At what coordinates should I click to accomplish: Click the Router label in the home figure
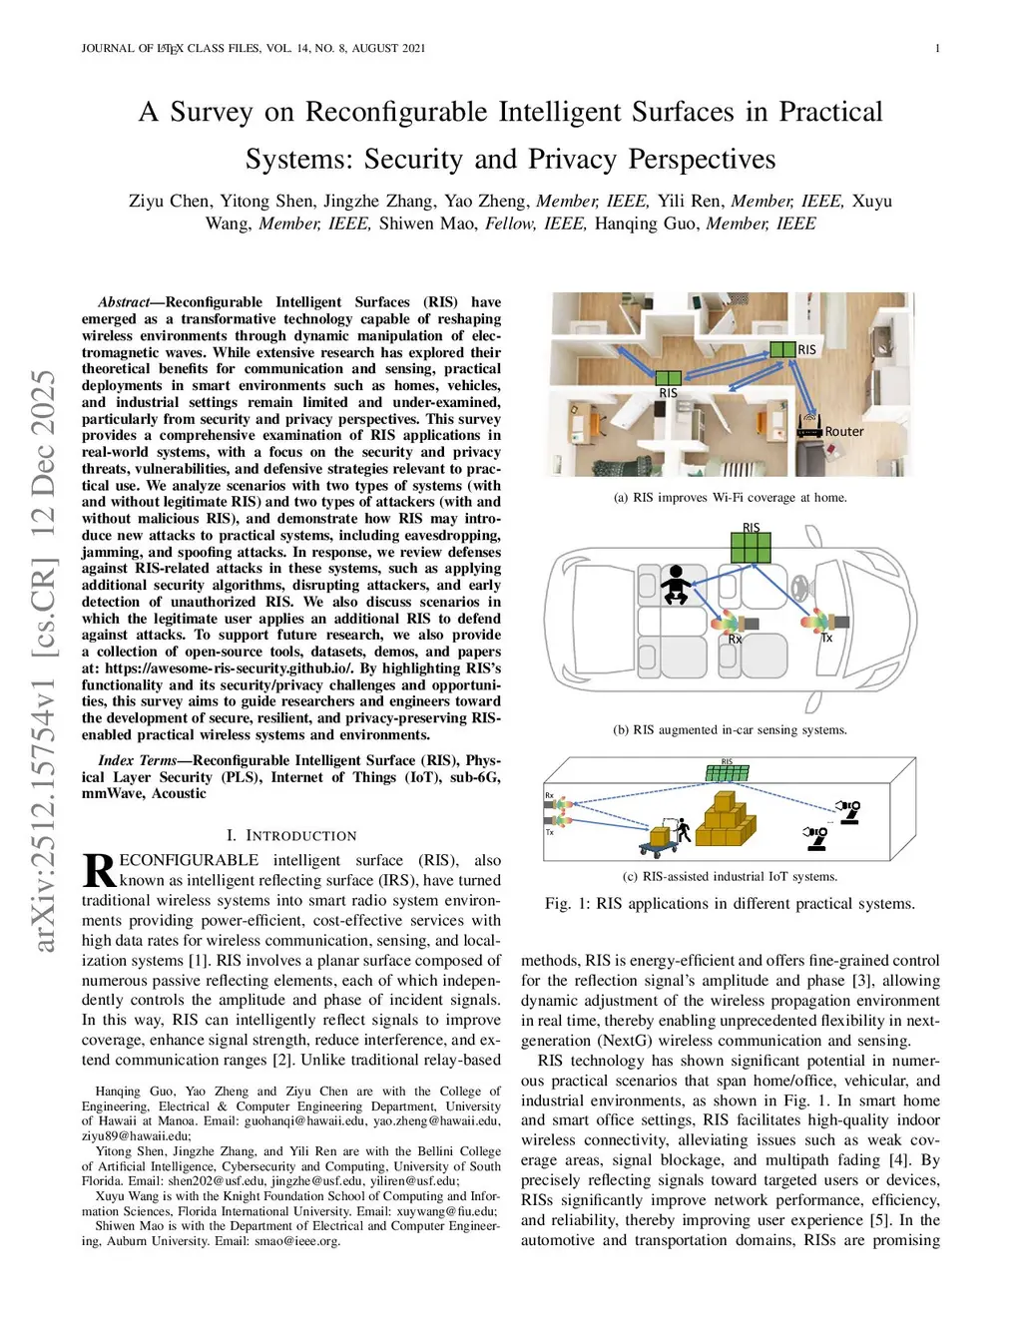(844, 432)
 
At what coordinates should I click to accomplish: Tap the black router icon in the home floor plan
(809, 428)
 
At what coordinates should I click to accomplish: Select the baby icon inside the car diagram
(676, 585)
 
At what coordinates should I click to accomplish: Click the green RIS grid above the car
(752, 547)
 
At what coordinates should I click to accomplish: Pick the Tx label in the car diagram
(826, 639)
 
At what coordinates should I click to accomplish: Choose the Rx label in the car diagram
(735, 640)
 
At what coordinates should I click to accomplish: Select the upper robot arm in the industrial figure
(849, 810)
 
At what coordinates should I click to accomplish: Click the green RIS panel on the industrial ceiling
(727, 771)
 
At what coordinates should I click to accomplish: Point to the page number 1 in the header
(937, 48)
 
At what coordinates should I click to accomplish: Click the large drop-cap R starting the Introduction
(99, 870)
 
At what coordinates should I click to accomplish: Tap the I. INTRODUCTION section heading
(290, 836)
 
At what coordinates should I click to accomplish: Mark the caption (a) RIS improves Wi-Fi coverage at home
(730, 498)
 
